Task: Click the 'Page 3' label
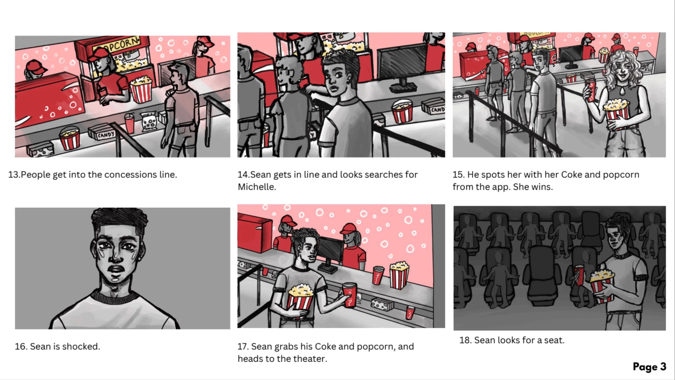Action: pos(649,367)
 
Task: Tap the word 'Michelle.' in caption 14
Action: pos(257,187)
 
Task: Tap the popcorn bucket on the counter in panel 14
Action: pos(402,111)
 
